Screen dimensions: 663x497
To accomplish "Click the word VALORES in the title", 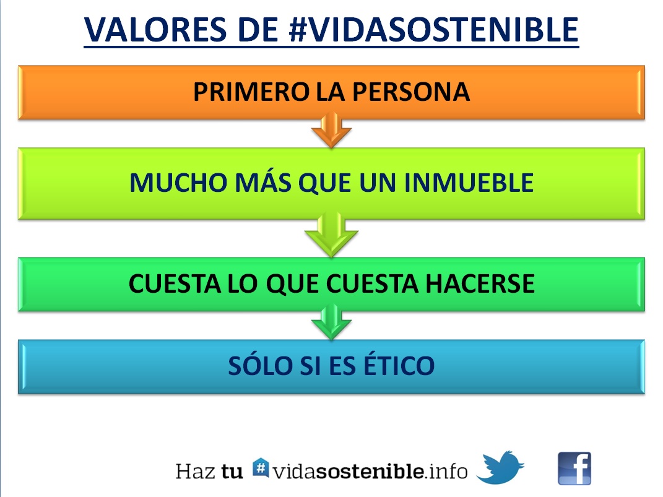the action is (156, 30).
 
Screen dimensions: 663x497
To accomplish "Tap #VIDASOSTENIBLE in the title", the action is (434, 30).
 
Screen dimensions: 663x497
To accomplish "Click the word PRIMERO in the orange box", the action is (251, 92).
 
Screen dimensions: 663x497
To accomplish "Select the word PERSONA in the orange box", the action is (411, 92).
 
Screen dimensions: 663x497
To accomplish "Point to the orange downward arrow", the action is (332, 130).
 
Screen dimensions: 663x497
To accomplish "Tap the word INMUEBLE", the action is (469, 183).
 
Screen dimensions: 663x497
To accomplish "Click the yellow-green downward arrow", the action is (332, 235).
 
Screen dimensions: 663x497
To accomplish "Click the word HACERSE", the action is (480, 283).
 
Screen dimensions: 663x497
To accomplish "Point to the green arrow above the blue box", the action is (332, 322).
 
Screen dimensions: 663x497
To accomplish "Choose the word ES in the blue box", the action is (342, 366).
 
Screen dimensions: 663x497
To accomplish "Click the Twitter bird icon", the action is (500, 467).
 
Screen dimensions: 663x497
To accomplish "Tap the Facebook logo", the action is (574, 469).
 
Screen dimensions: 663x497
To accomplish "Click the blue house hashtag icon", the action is (261, 468).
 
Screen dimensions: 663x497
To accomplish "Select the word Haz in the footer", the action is (195, 472).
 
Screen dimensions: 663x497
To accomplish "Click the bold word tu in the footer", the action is (232, 472).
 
